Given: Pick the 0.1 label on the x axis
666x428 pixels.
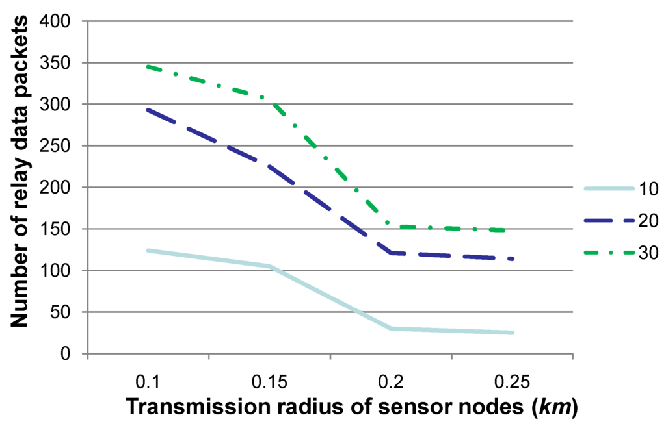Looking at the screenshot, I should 148,379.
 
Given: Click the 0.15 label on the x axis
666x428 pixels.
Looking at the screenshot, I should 269,379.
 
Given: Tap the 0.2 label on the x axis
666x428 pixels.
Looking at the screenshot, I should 391,379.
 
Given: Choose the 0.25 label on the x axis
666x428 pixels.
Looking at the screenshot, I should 513,379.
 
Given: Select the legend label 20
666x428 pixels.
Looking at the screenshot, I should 648,221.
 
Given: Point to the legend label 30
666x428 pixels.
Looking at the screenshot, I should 648,253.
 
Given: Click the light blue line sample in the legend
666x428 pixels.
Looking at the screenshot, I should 609,189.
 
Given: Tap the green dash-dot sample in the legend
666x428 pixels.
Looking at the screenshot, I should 609,253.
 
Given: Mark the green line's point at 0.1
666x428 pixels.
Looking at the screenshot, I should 148,66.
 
